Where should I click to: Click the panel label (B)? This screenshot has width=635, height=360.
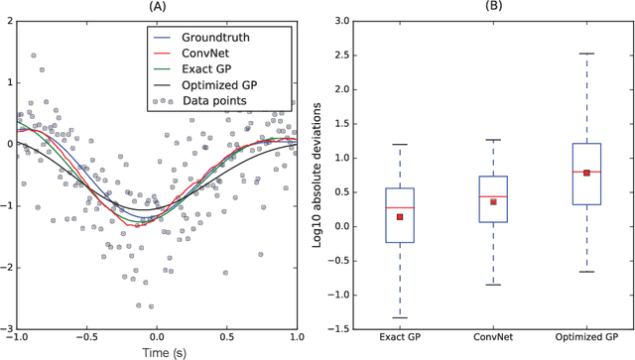pyautogui.click(x=493, y=7)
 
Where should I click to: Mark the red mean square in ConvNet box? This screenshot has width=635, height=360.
pyautogui.click(x=493, y=201)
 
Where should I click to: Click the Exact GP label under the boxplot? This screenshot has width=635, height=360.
pyautogui.click(x=400, y=338)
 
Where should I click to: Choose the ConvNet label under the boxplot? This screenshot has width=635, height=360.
pyautogui.click(x=493, y=338)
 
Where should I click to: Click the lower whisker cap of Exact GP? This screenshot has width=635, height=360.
pyautogui.click(x=400, y=317)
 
